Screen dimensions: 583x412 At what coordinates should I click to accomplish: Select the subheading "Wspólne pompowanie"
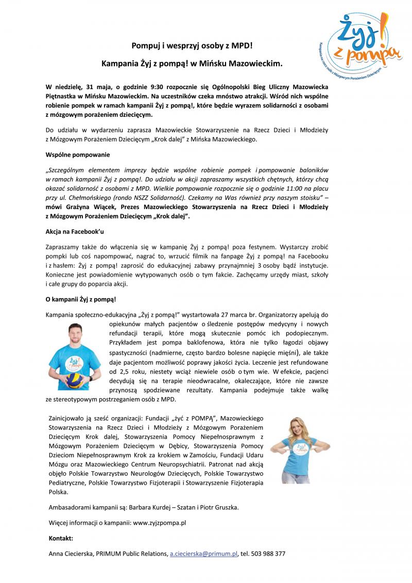click(77, 154)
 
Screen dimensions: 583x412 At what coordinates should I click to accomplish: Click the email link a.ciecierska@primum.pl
click(203, 554)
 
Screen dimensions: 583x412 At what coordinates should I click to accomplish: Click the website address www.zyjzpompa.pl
click(159, 522)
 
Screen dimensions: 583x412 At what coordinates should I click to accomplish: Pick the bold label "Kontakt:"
click(60, 538)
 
